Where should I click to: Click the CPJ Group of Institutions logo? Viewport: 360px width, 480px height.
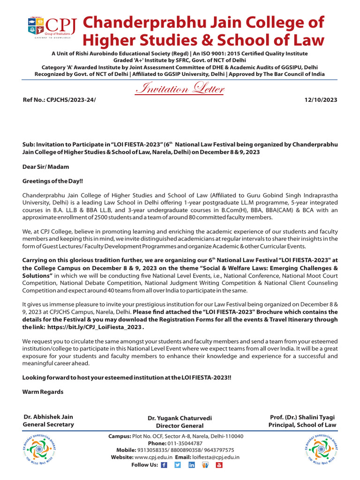[x=49, y=30]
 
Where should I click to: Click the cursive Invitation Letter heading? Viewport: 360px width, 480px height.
[x=180, y=89]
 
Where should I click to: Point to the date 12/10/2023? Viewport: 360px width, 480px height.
[x=321, y=100]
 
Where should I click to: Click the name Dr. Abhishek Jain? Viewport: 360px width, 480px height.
[x=48, y=416]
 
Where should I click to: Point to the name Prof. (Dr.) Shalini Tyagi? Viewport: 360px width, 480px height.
[x=302, y=417]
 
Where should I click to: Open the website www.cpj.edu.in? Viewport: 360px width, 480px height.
[x=153, y=457]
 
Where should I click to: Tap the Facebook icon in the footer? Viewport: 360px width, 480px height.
[x=164, y=465]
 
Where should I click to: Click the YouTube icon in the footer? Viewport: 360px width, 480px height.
[x=219, y=465]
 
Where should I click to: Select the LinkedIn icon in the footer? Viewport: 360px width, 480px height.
[x=191, y=465]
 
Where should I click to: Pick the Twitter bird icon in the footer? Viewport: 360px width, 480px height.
[x=178, y=465]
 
